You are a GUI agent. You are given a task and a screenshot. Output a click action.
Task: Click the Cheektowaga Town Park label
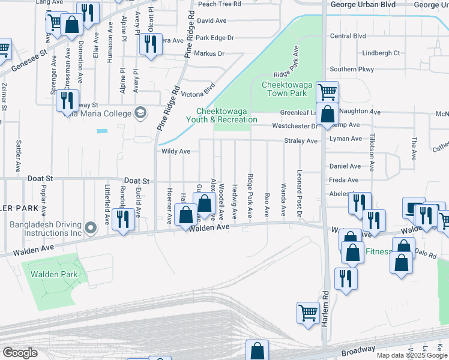point(287,89)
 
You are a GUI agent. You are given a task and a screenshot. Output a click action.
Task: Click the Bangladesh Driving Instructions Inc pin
point(91,227)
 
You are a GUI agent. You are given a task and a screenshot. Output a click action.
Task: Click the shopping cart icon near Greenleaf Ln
point(327,92)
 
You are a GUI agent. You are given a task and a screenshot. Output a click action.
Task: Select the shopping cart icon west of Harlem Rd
point(307,312)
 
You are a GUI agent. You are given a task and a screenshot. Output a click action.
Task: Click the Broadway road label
point(358,349)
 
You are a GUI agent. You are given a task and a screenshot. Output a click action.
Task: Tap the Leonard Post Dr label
point(299,202)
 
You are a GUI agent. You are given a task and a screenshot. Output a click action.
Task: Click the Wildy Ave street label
point(176,152)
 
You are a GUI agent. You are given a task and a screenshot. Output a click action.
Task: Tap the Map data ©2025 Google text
point(412,355)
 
